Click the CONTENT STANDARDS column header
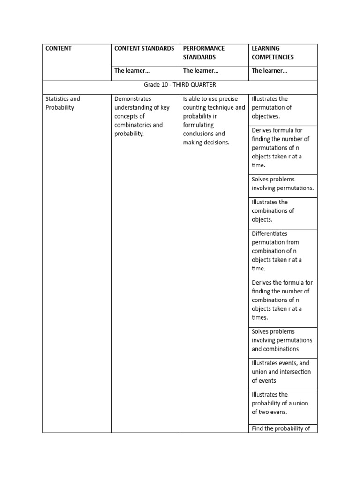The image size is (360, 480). click(144, 48)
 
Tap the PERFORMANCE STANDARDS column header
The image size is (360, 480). click(203, 52)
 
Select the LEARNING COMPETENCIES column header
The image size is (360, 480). click(273, 52)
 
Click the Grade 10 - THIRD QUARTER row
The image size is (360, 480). click(180, 85)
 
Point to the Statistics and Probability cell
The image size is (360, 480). click(63, 103)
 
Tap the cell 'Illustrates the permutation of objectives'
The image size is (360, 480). click(272, 107)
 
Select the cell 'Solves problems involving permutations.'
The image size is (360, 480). click(283, 184)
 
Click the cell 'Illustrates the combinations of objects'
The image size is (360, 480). click(273, 211)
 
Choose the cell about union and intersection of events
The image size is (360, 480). click(281, 372)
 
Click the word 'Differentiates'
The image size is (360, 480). click(270, 233)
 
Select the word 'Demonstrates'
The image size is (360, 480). click(133, 99)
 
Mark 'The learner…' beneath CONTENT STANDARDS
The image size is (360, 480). click(132, 71)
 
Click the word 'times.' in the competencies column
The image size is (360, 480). click(260, 317)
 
